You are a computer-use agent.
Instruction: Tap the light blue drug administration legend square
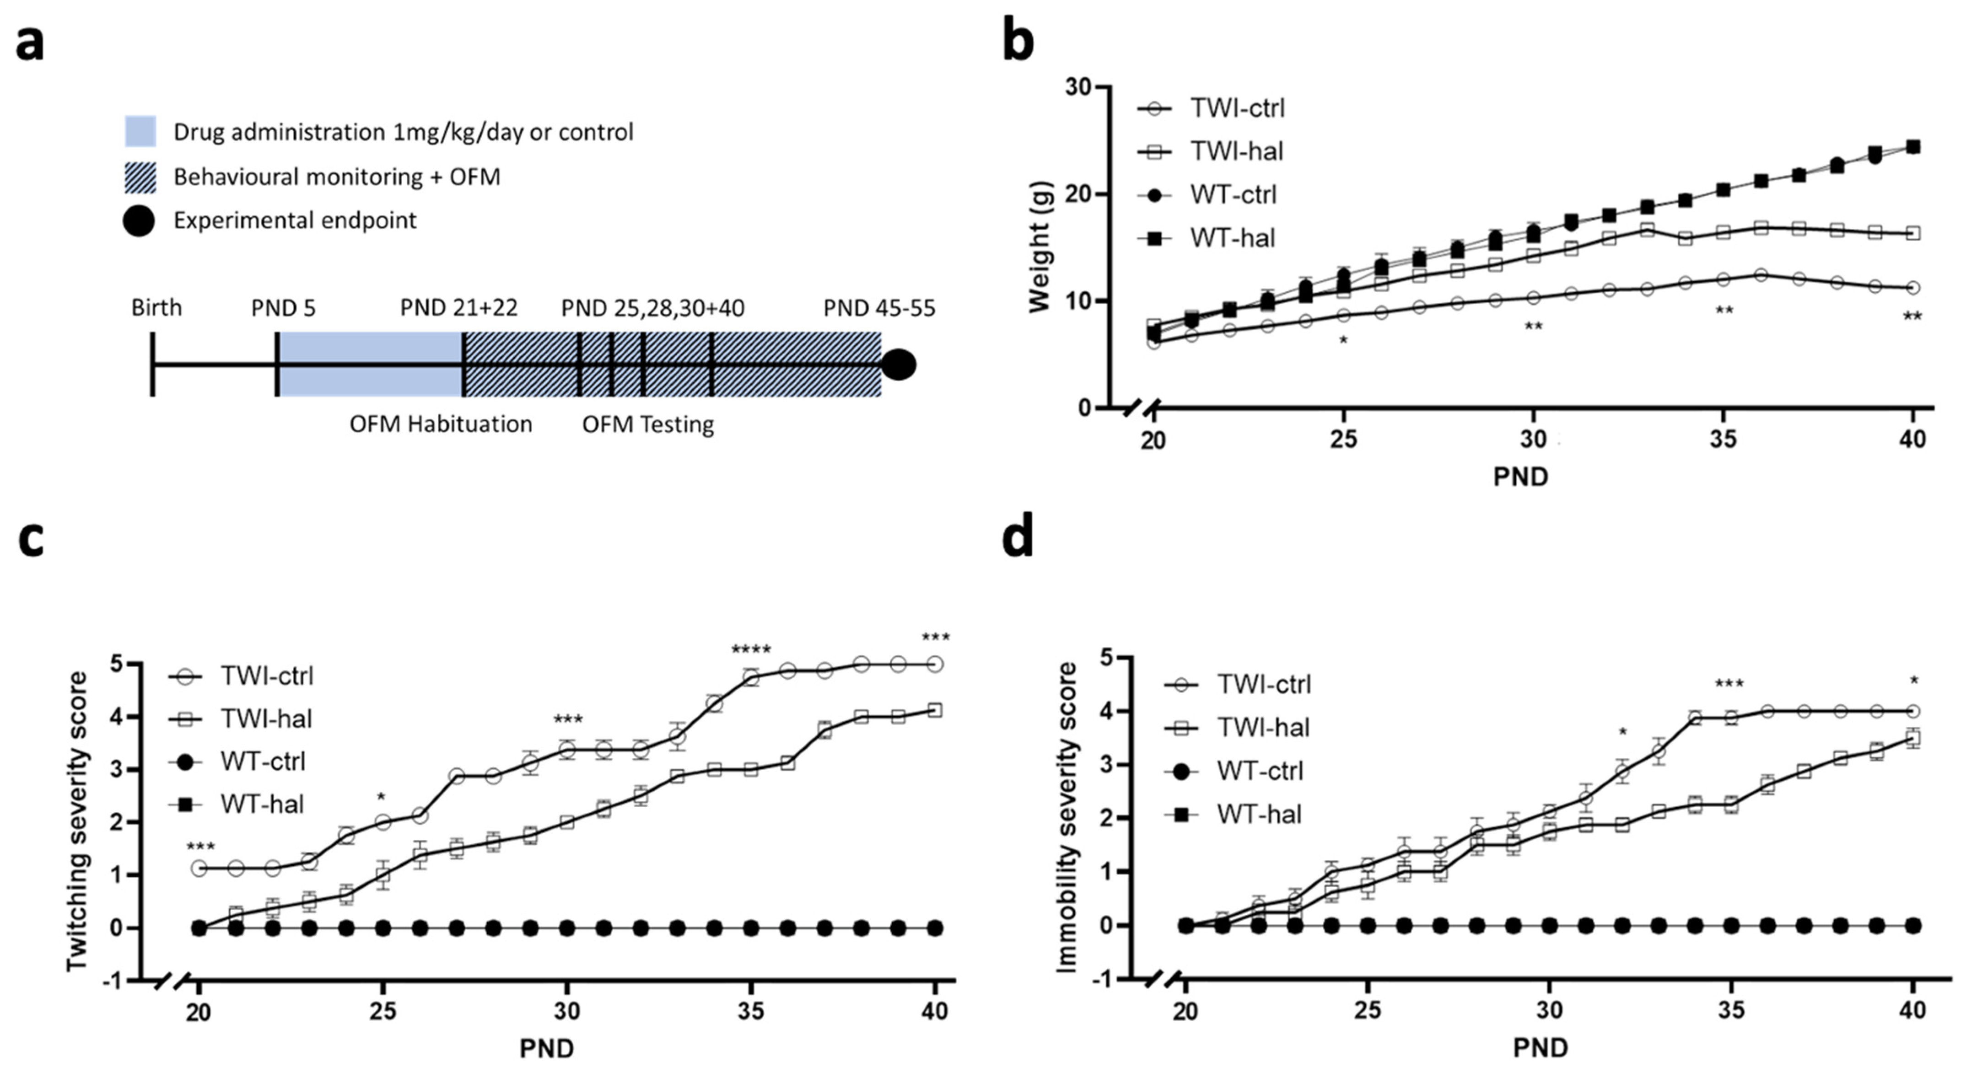pyautogui.click(x=140, y=131)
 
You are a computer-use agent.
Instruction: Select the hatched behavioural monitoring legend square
pyautogui.click(x=140, y=177)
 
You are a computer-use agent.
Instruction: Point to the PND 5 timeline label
pyautogui.click(x=283, y=308)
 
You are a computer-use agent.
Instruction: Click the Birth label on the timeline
pyautogui.click(x=156, y=308)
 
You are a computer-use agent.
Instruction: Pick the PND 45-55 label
pyautogui.click(x=879, y=308)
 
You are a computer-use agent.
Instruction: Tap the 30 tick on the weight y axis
pyautogui.click(x=1078, y=87)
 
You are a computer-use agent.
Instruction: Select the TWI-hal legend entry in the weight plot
pyautogui.click(x=1236, y=151)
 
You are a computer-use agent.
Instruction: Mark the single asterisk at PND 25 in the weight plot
pyautogui.click(x=1343, y=340)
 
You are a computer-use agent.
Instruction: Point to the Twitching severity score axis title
pyautogui.click(x=77, y=821)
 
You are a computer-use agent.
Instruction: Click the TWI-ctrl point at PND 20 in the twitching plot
pyautogui.click(x=199, y=868)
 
